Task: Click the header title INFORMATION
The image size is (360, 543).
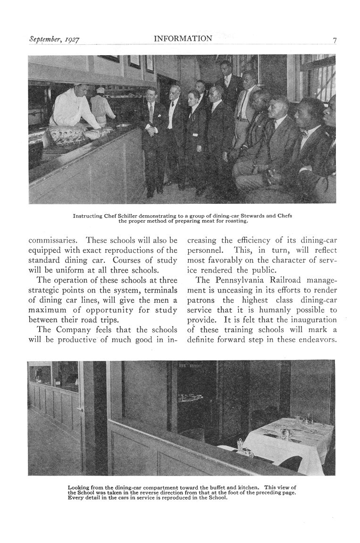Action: coord(183,39)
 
